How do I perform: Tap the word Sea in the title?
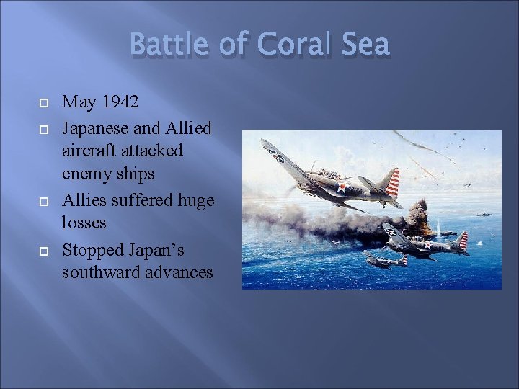pos(364,45)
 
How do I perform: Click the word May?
pos(78,102)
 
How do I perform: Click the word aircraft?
pos(91,151)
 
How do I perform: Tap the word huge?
pos(194,200)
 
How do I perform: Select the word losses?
pos(84,223)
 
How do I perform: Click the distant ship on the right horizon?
pos(484,213)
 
